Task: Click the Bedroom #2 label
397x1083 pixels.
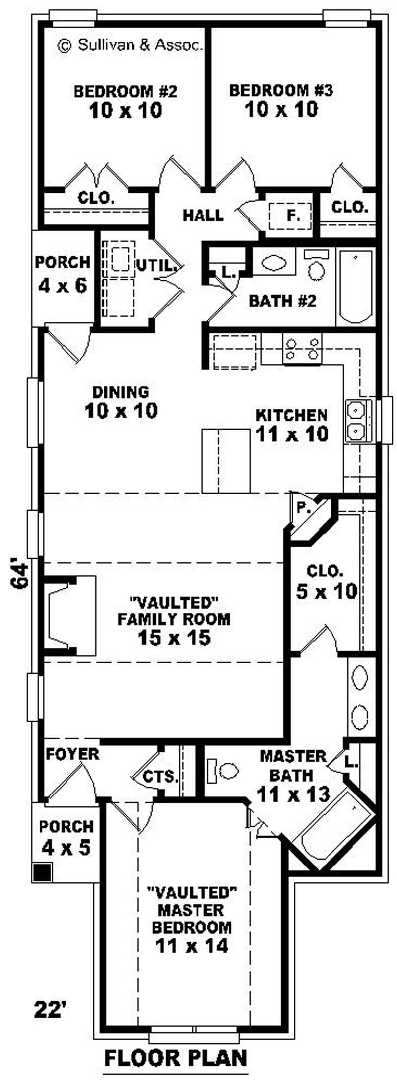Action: click(126, 92)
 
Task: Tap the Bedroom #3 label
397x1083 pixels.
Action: click(281, 91)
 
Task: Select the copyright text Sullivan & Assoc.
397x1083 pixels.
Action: click(131, 46)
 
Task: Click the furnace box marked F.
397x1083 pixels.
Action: click(291, 216)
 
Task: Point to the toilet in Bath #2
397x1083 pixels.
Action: click(316, 266)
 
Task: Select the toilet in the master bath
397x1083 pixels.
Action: click(224, 770)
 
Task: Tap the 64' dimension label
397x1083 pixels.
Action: click(20, 575)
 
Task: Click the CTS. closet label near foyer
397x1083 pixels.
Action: click(160, 776)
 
